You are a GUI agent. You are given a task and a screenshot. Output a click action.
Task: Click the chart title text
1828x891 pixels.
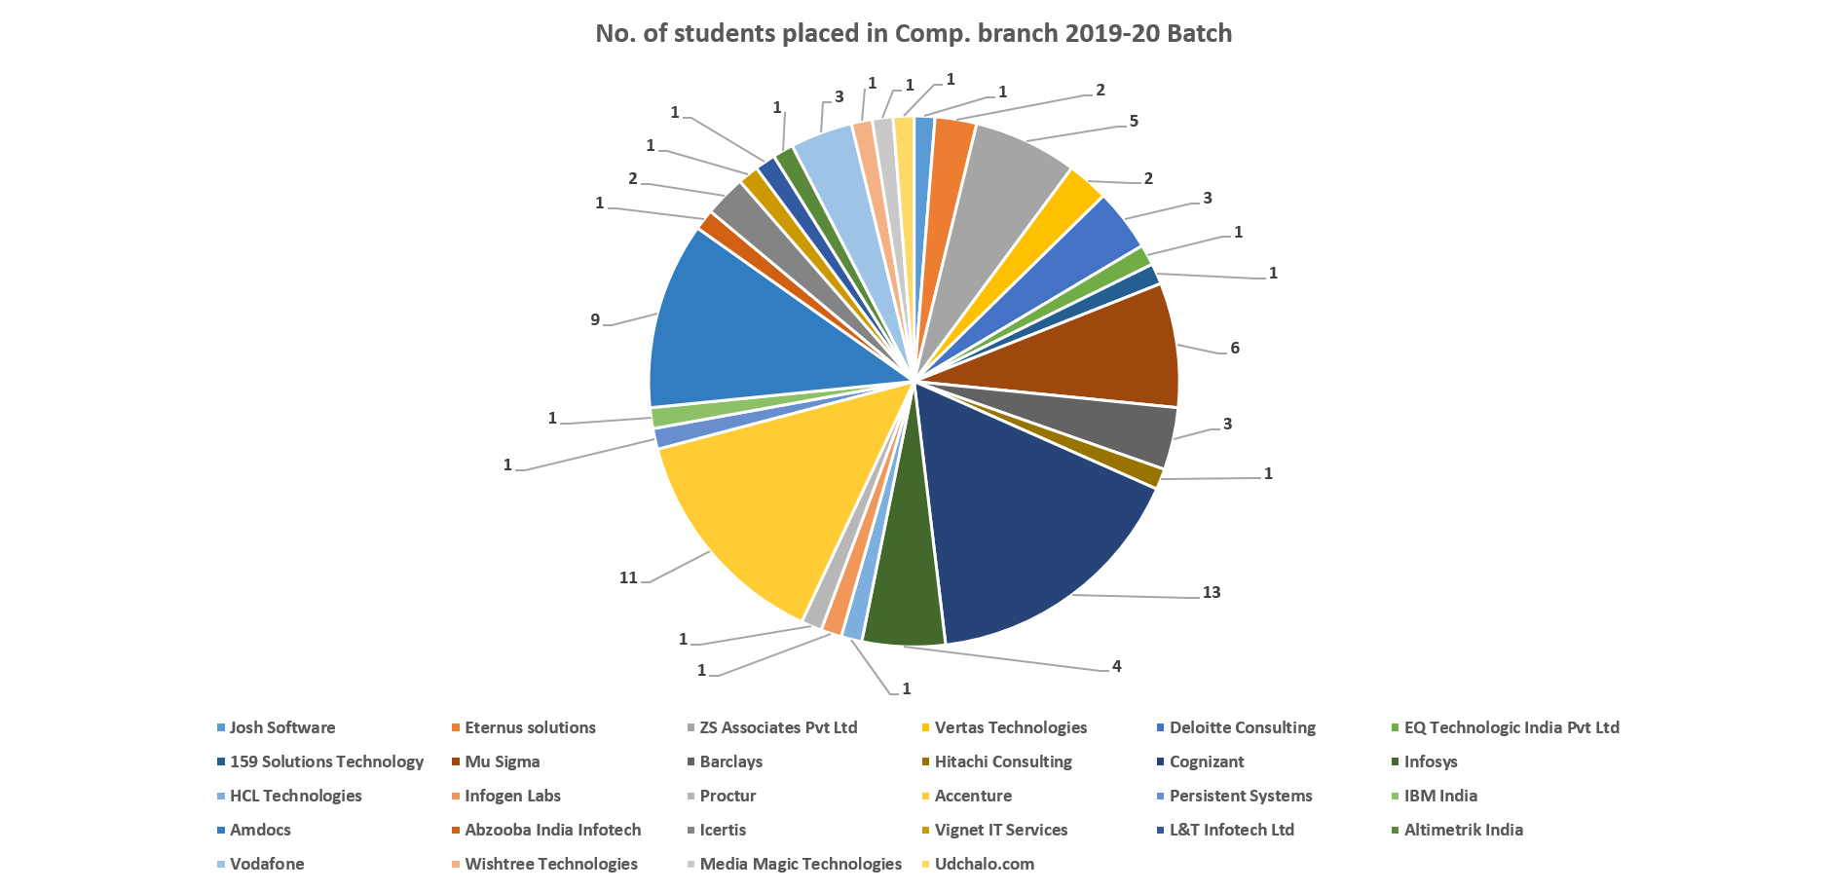pyautogui.click(x=914, y=34)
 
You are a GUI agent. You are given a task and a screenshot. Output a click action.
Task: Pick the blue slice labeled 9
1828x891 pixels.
pyautogui.click(x=750, y=331)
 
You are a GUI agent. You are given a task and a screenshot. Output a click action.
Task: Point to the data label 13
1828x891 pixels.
pyautogui.click(x=1211, y=592)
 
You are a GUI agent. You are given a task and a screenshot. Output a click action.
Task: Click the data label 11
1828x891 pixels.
pyautogui.click(x=628, y=577)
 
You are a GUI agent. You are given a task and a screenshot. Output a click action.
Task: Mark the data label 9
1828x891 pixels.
pyautogui.click(x=595, y=319)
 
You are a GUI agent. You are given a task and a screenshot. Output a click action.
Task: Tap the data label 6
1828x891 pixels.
pyautogui.click(x=1235, y=348)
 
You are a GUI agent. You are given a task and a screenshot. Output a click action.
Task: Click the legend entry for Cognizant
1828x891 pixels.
pyautogui.click(x=1207, y=761)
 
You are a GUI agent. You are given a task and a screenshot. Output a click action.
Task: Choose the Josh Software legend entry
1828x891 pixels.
pyautogui.click(x=281, y=727)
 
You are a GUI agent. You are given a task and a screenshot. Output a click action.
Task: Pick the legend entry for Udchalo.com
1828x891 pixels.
pyautogui.click(x=984, y=864)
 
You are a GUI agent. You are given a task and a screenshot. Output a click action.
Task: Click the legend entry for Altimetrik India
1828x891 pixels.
pyautogui.click(x=1463, y=830)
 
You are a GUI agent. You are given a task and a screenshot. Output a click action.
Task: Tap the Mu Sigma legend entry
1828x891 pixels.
pyautogui.click(x=502, y=761)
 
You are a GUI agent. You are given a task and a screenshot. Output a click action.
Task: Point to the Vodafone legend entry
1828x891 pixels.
pyautogui.click(x=267, y=864)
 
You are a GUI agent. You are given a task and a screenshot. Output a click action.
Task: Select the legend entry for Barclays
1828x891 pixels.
pyautogui.click(x=730, y=761)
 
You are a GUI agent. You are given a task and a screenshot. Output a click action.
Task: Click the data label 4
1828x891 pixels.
pyautogui.click(x=1116, y=666)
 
